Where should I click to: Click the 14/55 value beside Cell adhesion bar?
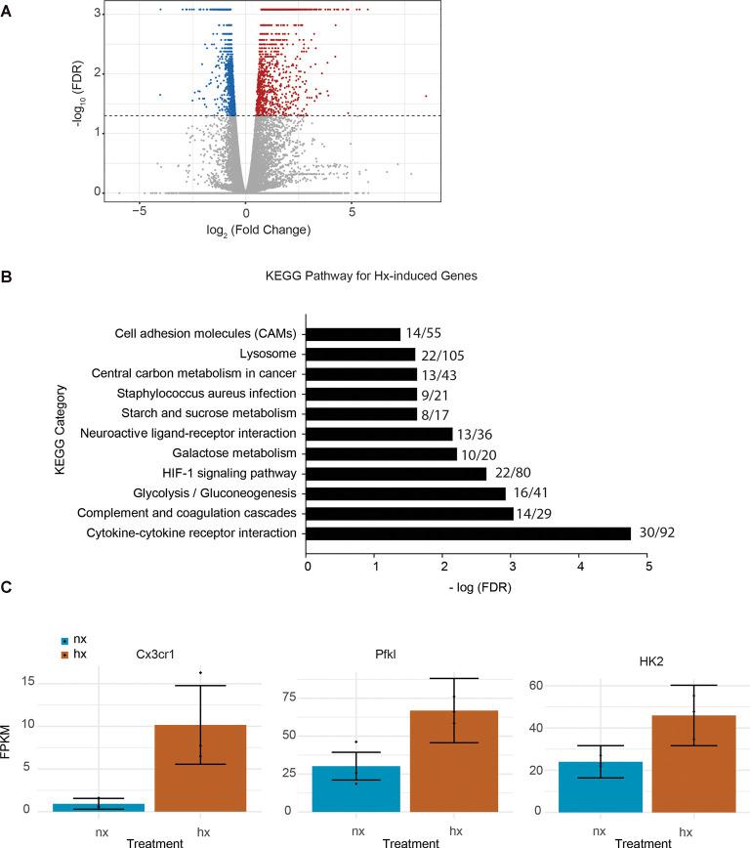point(423,333)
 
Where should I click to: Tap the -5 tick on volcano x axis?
point(141,209)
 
